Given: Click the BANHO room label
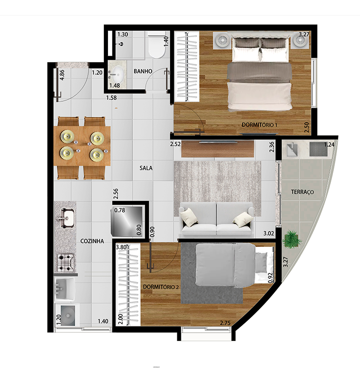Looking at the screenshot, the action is click(x=143, y=71).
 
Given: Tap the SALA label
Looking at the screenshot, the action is click(x=146, y=168).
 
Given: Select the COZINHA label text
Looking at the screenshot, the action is click(x=92, y=241).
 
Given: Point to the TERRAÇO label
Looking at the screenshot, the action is click(x=302, y=192).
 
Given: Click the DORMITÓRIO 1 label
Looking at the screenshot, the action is click(x=260, y=125).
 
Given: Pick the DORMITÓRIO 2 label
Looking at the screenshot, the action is click(x=161, y=287).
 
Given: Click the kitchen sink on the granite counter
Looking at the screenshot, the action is click(x=67, y=218).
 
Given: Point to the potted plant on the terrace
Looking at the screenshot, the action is click(x=292, y=239).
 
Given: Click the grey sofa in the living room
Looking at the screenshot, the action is click(x=216, y=219).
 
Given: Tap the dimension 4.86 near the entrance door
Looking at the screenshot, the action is click(x=62, y=75).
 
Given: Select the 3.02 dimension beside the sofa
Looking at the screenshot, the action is click(x=269, y=233).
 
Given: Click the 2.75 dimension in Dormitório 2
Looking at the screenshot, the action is click(x=225, y=323).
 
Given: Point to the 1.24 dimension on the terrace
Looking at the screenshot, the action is click(x=329, y=144).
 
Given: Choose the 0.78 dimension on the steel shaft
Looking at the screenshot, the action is click(x=120, y=210).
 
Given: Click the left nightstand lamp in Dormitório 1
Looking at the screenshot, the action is click(x=223, y=40).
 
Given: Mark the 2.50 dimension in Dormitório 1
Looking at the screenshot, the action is click(x=306, y=127).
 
